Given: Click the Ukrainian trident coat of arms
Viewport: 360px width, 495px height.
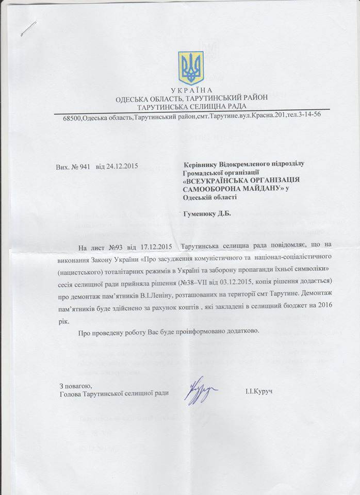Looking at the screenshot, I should [191, 67].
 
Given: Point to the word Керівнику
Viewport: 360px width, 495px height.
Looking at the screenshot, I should [201, 163].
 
